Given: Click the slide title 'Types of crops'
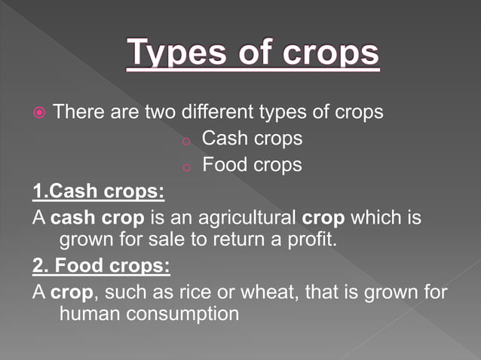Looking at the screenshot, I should pyautogui.click(x=253, y=53).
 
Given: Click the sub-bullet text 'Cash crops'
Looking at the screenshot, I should pyautogui.click(x=252, y=139).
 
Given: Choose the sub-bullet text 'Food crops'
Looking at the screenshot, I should pyautogui.click(x=252, y=164).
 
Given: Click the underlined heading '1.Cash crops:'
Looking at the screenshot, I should pyautogui.click(x=98, y=191).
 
